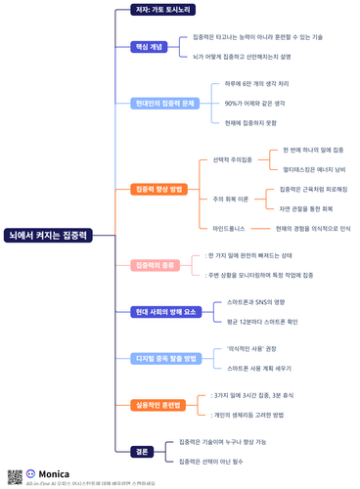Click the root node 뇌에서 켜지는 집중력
point(48,236)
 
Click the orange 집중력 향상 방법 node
point(157,189)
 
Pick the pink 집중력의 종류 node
point(154,265)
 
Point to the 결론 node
point(142,451)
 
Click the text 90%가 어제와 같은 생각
point(253,103)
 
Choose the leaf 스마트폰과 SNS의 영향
point(255,302)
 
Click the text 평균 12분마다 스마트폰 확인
point(261,321)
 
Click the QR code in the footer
point(15,476)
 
